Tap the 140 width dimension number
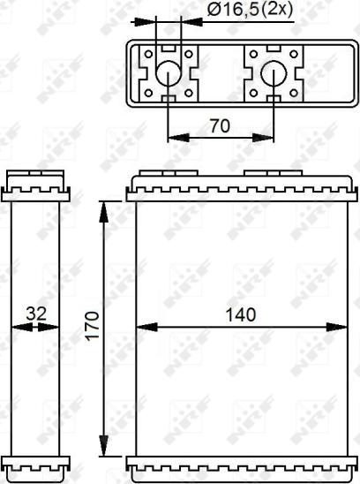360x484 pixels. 239,314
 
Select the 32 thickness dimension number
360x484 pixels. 35,314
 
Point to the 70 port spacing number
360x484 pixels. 220,125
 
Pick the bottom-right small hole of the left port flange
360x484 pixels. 190,93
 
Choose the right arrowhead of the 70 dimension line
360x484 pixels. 268,137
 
